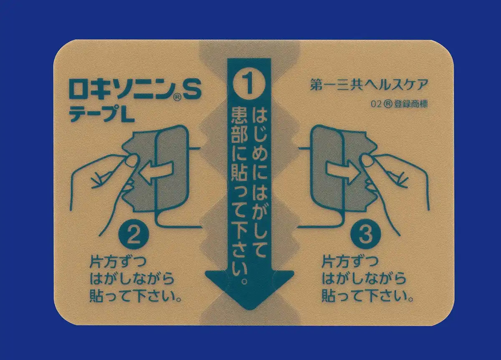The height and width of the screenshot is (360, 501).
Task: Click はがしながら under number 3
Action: [x=364, y=279]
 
